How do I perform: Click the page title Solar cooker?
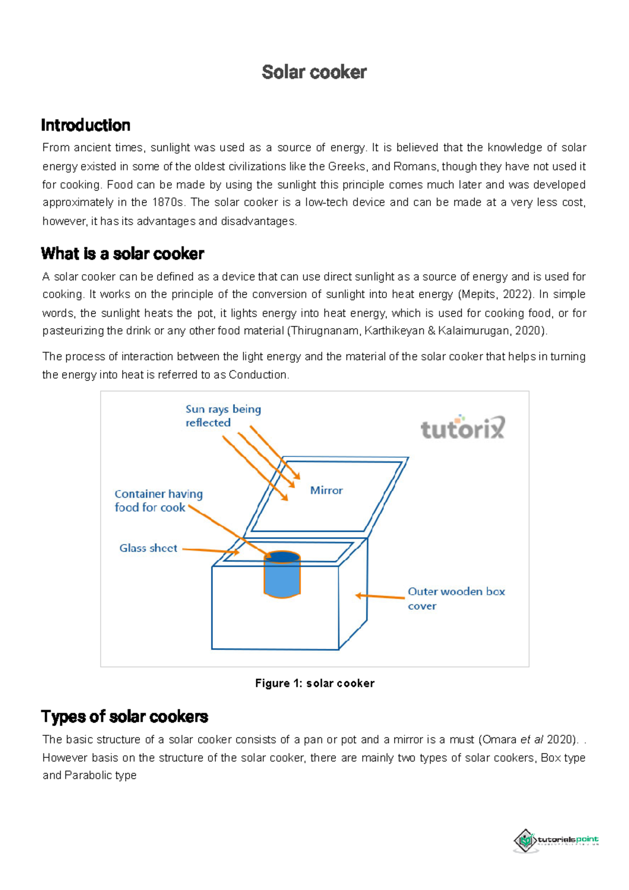(314, 72)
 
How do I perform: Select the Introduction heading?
(85, 125)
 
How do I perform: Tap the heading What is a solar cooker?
(122, 254)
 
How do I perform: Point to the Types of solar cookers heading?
(124, 716)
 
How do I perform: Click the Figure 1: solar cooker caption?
(314, 683)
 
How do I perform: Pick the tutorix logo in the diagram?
(463, 428)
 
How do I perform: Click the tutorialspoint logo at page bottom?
(556, 840)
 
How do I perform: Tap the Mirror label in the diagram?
(326, 490)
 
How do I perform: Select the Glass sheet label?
(148, 548)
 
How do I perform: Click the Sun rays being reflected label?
(223, 416)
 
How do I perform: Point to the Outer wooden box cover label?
(456, 598)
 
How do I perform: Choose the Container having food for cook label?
(158, 500)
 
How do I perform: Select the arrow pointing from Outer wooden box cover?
(380, 596)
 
